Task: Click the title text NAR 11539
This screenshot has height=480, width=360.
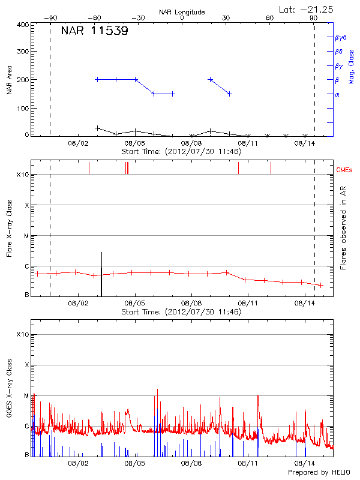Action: click(x=94, y=32)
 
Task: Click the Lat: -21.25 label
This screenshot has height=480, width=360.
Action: click(x=307, y=9)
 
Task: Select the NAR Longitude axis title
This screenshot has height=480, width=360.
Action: click(x=182, y=12)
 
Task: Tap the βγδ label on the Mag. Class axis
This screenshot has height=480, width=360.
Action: click(x=341, y=37)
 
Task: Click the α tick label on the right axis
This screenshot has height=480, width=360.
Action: click(x=337, y=94)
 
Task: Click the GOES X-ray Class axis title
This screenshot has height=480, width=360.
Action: click(x=9, y=397)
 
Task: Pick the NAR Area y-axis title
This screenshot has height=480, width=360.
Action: click(x=9, y=80)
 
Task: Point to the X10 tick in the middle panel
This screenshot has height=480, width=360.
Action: click(x=22, y=175)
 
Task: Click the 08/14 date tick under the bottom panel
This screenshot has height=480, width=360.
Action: click(x=305, y=463)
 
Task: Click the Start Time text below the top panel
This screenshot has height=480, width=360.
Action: click(x=182, y=151)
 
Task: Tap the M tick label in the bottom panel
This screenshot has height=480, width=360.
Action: click(x=26, y=396)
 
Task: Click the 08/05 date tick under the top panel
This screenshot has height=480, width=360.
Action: click(x=134, y=143)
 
